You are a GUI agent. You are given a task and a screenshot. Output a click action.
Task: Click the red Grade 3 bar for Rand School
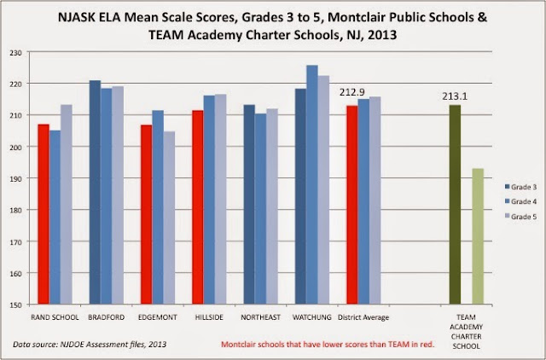44,214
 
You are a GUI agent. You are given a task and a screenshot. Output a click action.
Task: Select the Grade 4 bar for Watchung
312,184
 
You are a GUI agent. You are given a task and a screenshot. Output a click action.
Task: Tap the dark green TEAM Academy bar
455,205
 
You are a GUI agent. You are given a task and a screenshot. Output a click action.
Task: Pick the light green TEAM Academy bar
478,236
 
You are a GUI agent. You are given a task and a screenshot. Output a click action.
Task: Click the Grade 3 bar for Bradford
95,192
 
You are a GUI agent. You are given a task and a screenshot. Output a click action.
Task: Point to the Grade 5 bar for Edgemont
169,218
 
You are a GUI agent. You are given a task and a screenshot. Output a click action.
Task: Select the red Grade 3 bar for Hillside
198,207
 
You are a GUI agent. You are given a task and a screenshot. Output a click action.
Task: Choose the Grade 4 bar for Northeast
260,209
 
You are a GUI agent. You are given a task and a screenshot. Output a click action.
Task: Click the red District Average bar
352,205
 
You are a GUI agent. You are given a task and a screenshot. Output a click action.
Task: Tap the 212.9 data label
352,92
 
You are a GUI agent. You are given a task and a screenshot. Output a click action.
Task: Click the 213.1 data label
455,96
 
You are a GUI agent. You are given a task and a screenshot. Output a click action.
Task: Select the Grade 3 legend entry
520,187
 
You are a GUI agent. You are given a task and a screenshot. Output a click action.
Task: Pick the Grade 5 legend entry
520,217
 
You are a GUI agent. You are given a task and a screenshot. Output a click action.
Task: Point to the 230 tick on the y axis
15,52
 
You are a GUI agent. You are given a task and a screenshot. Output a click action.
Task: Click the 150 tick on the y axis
15,305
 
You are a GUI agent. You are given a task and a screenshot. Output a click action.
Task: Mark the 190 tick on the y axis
15,178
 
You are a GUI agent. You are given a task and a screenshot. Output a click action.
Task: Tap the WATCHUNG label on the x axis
312,317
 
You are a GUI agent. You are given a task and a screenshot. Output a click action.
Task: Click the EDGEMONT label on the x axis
158,317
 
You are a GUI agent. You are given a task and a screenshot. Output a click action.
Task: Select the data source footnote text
90,345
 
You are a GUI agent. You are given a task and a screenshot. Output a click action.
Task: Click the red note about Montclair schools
328,345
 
